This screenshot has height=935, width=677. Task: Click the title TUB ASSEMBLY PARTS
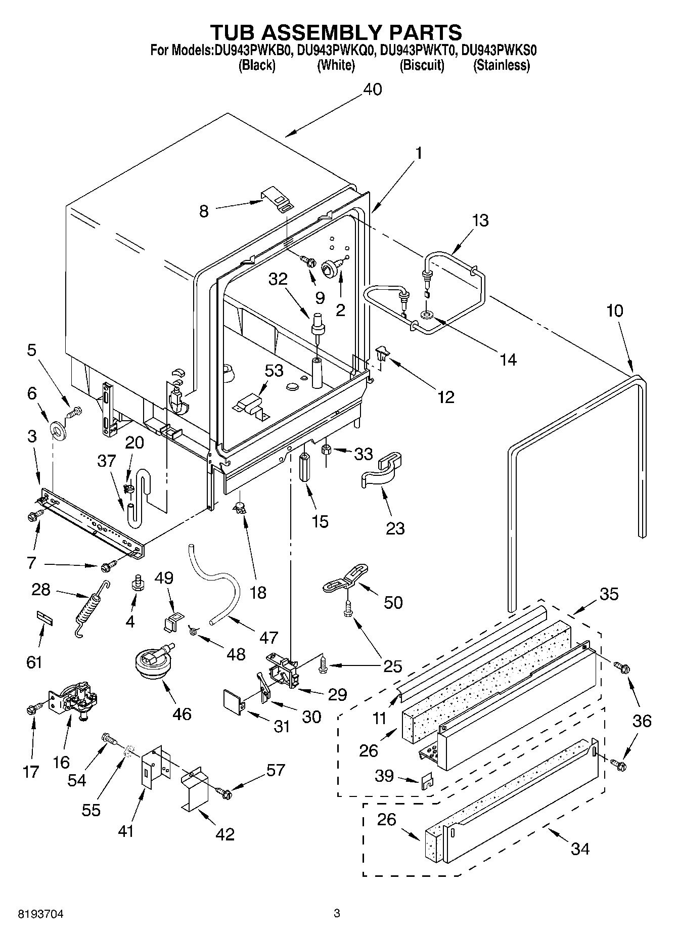[336, 32]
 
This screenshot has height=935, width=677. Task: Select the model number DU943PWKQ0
[335, 50]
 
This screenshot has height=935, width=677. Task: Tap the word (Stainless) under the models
[501, 65]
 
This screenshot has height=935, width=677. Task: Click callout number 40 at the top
[373, 90]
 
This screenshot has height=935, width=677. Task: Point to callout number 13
[480, 220]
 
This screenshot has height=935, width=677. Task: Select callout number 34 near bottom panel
[579, 848]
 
